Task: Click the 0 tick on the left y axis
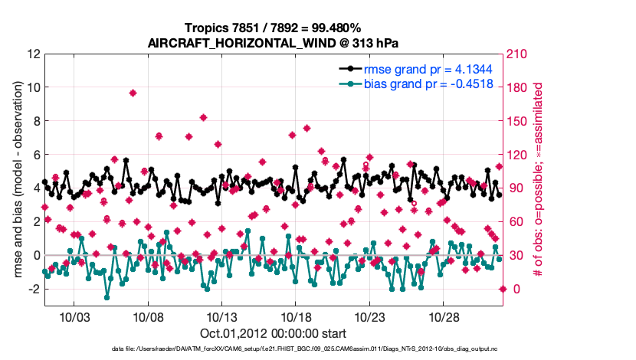point(36,255)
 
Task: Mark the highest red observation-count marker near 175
point(133,93)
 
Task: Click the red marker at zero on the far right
point(503,289)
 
